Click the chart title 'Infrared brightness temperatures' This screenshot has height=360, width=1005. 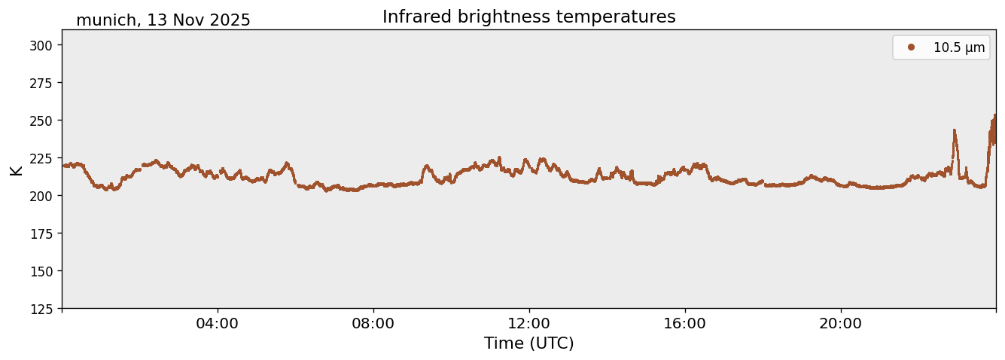click(528, 17)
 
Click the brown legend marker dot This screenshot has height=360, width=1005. click(911, 47)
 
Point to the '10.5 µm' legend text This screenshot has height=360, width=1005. click(958, 47)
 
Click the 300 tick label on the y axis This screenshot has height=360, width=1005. click(42, 45)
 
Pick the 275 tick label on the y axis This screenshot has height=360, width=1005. click(42, 83)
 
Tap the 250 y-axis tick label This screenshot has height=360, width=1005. click(42, 121)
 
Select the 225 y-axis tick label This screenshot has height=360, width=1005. click(42, 158)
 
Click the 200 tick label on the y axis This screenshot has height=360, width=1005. click(42, 196)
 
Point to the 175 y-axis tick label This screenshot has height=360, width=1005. click(42, 233)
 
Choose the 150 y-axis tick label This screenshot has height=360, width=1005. click(42, 271)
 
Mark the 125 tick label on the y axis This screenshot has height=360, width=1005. click(42, 309)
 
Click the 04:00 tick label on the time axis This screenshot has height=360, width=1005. click(218, 324)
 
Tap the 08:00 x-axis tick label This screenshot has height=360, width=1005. click(373, 324)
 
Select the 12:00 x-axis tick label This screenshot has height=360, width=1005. click(529, 324)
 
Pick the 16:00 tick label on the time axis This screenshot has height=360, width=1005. click(685, 324)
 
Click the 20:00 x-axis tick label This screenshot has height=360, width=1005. click(841, 324)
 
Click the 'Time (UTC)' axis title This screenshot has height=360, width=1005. click(528, 343)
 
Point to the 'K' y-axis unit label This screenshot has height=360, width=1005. click(16, 169)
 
